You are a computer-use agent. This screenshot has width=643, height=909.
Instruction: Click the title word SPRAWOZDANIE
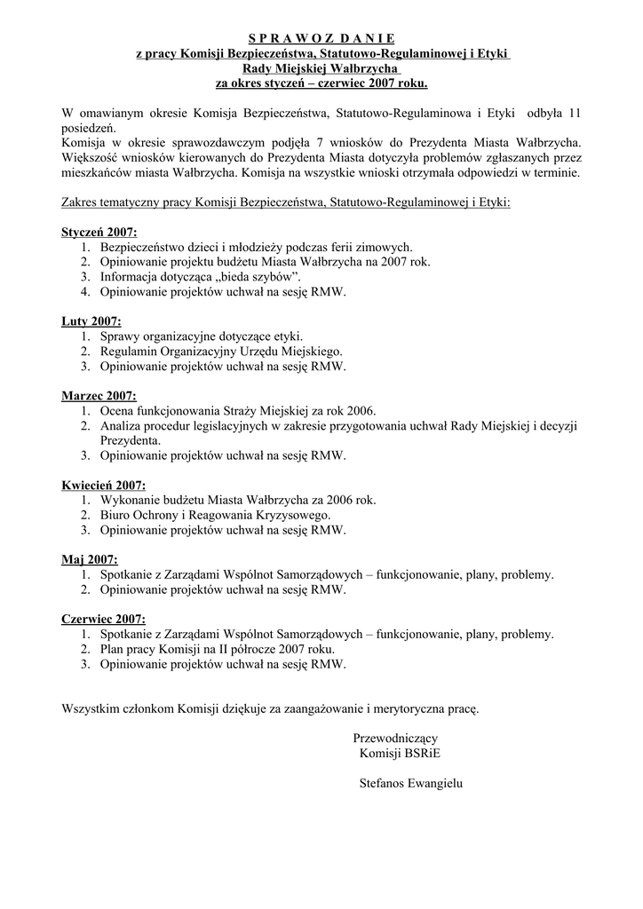(321, 38)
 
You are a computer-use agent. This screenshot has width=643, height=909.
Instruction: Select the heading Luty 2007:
(91, 321)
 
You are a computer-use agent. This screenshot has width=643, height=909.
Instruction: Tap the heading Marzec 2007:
(99, 395)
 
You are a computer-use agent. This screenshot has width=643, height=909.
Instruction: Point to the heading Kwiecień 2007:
(103, 485)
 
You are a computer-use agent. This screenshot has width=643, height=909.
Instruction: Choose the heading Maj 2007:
(90, 559)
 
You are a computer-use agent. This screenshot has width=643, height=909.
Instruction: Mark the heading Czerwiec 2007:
(104, 619)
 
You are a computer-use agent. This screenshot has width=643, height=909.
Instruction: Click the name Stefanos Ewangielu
(412, 784)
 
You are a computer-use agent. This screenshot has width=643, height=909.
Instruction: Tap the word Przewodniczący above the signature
(395, 739)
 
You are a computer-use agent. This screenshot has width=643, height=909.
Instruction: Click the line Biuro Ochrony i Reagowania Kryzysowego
(215, 515)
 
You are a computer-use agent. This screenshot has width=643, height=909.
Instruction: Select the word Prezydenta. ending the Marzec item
(131, 440)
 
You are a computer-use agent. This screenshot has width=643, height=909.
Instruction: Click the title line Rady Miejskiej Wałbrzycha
(321, 68)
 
